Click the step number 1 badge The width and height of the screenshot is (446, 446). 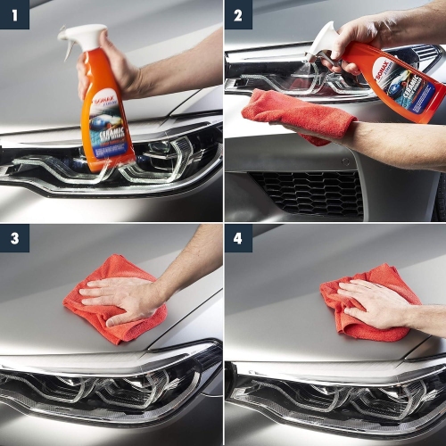coord(14,14)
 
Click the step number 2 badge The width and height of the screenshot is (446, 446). coord(238,14)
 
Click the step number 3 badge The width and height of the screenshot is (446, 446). coord(14,239)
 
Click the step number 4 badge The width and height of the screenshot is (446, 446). coord(238,239)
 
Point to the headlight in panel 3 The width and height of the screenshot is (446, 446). coord(107,388)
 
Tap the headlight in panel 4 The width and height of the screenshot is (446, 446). coord(330,392)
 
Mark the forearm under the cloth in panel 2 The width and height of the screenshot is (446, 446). coord(392,143)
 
